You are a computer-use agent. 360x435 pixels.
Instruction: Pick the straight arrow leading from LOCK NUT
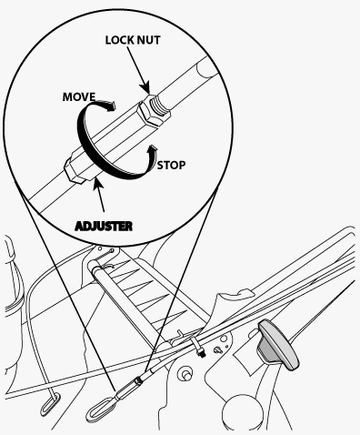[x=139, y=71]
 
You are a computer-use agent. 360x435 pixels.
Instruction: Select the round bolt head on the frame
[x=185, y=373]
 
